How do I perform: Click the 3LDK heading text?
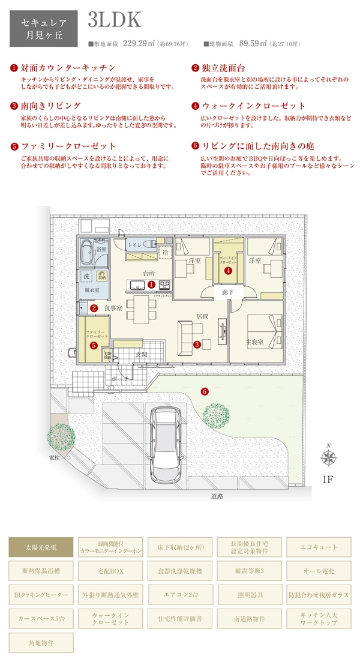114,19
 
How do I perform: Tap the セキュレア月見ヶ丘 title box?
43,29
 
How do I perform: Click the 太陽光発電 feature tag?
41,547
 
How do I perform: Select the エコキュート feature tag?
319,547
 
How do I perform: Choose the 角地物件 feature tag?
41,642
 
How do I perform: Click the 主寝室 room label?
256,342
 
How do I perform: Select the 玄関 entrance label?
142,354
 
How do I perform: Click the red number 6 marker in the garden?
205,391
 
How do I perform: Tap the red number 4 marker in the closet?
228,271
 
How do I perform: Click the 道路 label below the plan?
217,496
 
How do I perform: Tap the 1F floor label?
328,480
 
